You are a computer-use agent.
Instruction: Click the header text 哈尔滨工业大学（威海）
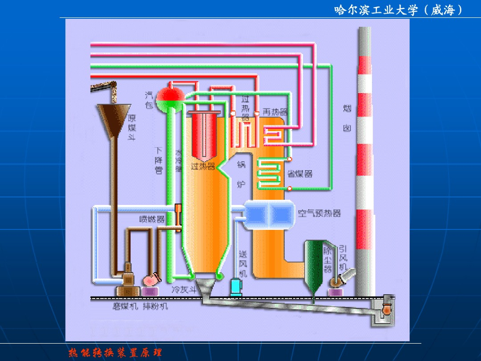tap(398, 10)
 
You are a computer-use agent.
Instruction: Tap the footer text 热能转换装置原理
tap(115, 352)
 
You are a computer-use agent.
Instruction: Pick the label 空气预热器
tap(319, 213)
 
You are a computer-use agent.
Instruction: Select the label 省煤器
tap(300, 174)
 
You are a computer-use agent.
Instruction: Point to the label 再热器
tap(275, 112)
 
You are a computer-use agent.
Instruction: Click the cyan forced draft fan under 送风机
tap(235, 287)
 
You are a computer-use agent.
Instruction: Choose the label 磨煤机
tap(124, 306)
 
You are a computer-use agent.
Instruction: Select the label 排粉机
tap(155, 306)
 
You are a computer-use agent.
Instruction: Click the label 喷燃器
tap(152, 219)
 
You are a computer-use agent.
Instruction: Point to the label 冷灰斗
tap(184, 290)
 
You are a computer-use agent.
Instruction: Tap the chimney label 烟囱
tap(347, 118)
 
